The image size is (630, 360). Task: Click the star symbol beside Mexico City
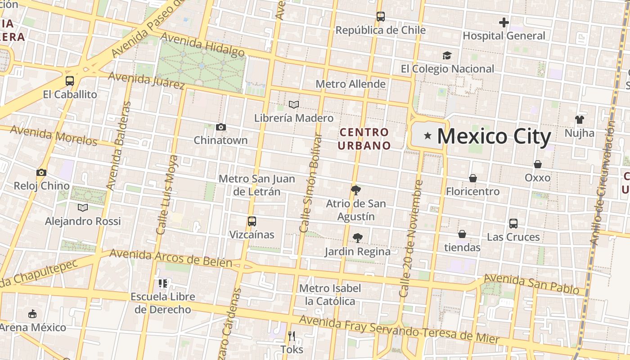427,135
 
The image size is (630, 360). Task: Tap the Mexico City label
494,136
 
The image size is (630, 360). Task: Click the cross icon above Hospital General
504,22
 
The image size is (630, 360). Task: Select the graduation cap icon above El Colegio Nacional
447,55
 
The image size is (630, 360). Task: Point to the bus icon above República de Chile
381,17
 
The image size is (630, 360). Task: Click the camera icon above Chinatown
220,127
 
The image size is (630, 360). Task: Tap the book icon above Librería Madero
294,104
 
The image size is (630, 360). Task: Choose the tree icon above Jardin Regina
358,238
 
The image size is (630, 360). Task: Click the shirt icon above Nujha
579,120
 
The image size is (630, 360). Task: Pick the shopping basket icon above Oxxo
537,164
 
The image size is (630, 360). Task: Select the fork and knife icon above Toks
292,336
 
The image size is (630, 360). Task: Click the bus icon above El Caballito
70,81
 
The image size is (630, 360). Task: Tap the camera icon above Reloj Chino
41,172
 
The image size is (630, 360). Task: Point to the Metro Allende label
351,84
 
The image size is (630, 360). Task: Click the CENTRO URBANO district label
364,139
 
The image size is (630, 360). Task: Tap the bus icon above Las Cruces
513,223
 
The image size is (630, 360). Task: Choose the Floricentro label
472,192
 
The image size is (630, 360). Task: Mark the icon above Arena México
32,314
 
